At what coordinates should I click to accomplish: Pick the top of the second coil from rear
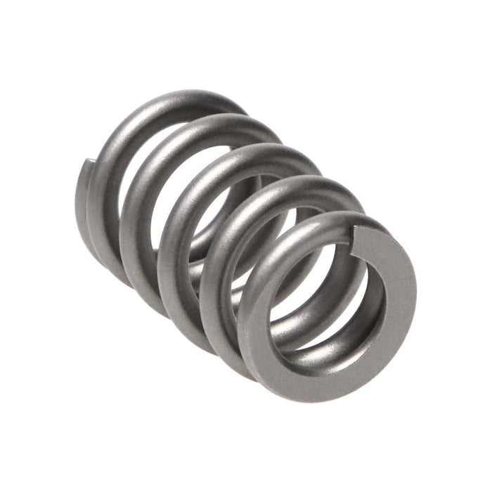(225, 127)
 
